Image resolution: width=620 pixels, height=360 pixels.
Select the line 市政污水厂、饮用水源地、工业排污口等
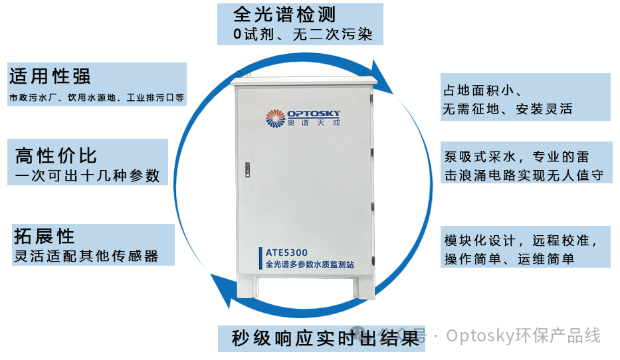coord(97,98)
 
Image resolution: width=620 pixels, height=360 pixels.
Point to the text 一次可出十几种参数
coord(87,176)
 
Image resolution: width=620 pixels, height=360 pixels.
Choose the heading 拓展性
coord(44,236)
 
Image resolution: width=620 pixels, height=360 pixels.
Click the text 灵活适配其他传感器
coord(86,256)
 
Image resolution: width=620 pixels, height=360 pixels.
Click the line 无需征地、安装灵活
coord(507,109)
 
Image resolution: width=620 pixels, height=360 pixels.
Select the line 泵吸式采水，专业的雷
coord(516,157)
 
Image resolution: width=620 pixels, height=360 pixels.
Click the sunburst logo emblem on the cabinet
coord(275,118)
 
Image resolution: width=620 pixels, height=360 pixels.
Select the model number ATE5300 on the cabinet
coord(286,252)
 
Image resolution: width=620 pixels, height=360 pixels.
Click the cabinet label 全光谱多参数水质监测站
coord(310,264)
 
